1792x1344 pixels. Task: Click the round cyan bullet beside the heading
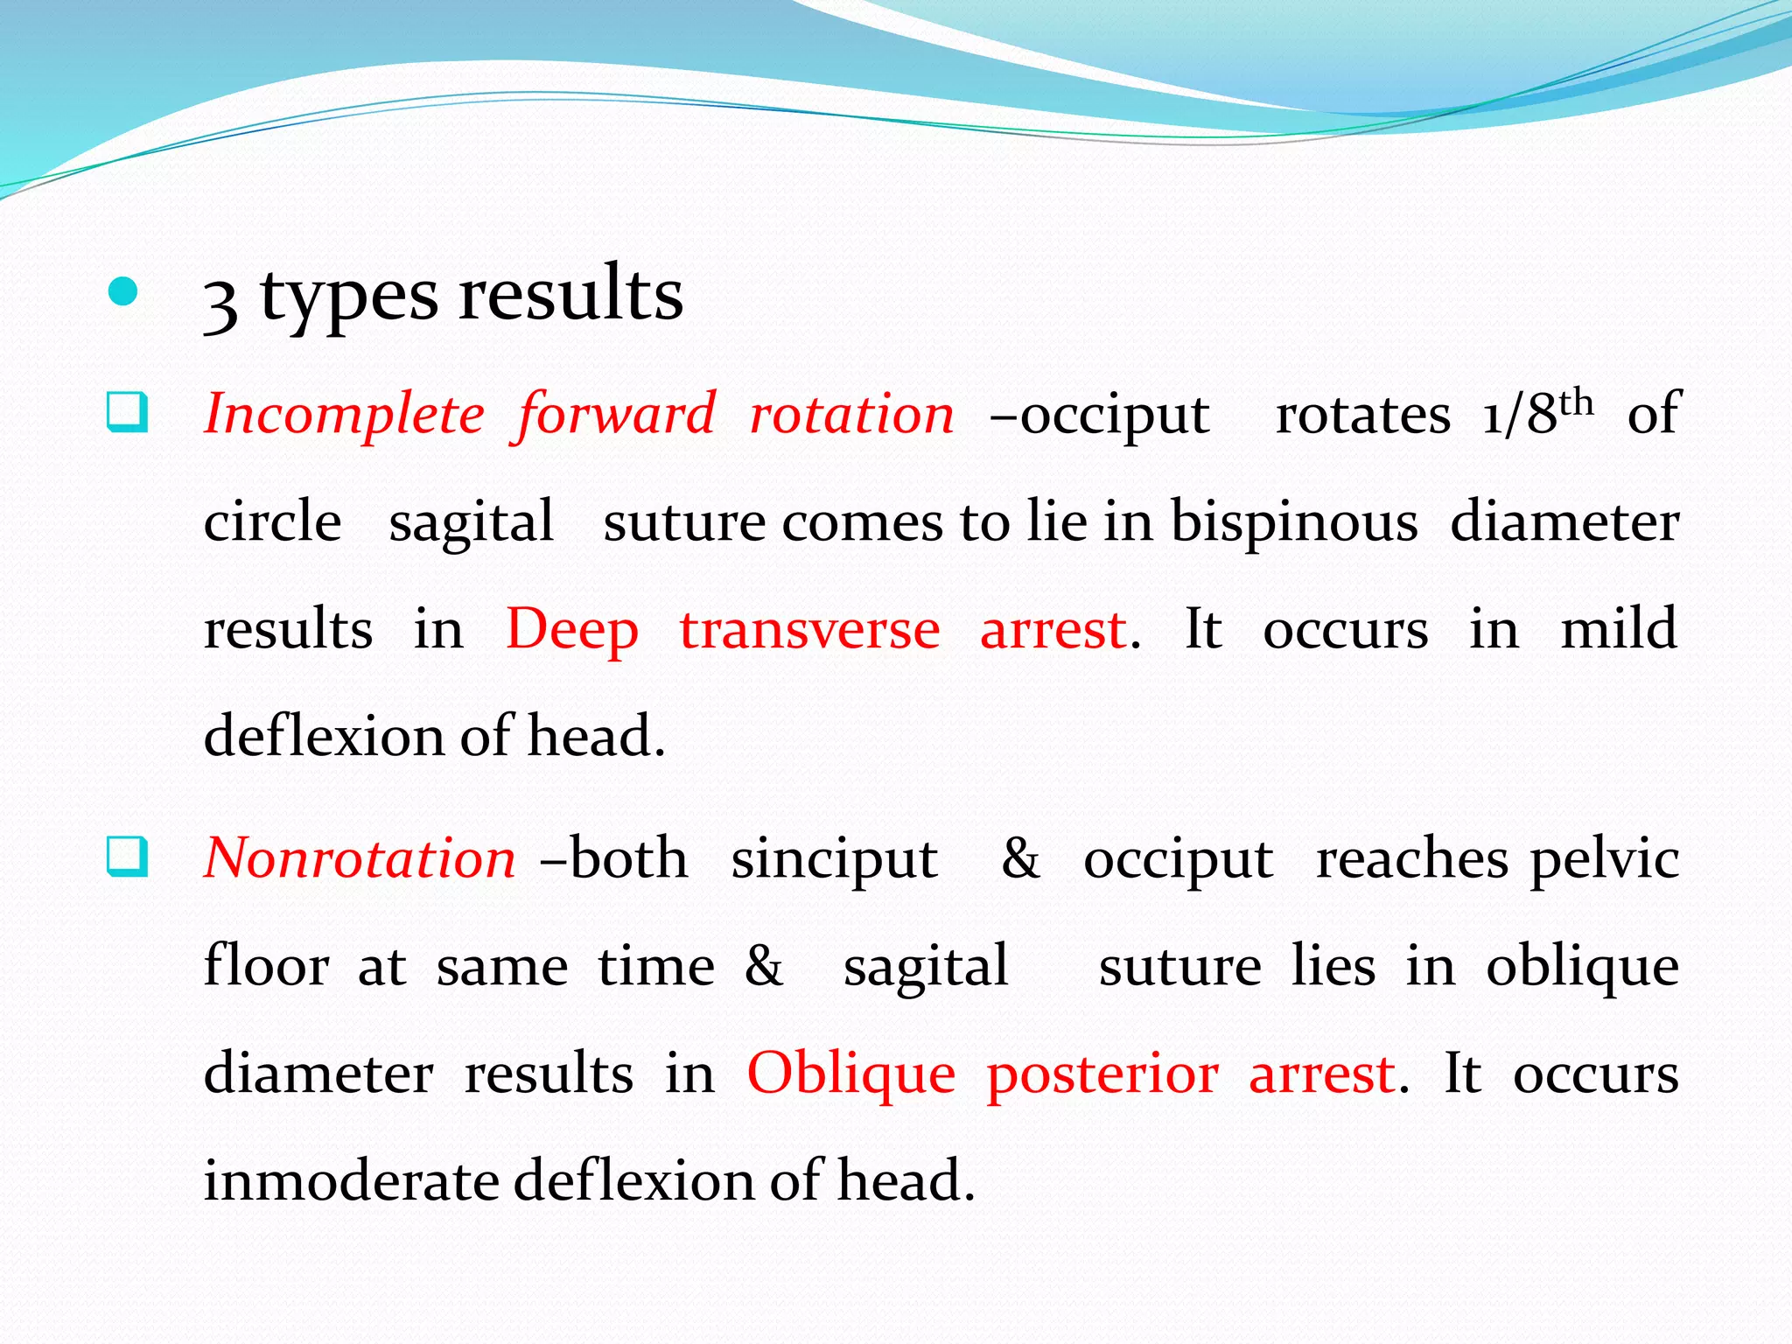coord(122,292)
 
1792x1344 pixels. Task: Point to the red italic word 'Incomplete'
coord(344,414)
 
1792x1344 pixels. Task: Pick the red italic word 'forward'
coord(616,414)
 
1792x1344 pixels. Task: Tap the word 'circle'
coord(272,522)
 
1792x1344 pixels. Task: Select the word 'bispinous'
coord(1294,522)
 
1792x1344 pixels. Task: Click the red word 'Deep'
coord(572,631)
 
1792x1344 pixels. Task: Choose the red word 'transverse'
coord(809,631)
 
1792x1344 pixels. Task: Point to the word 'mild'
coord(1619,629)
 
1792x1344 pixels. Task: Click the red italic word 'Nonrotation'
coord(360,858)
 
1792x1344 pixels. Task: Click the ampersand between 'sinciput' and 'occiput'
coord(1020,858)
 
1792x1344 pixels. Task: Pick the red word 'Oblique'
coord(850,1075)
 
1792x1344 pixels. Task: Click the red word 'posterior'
coord(1102,1075)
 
